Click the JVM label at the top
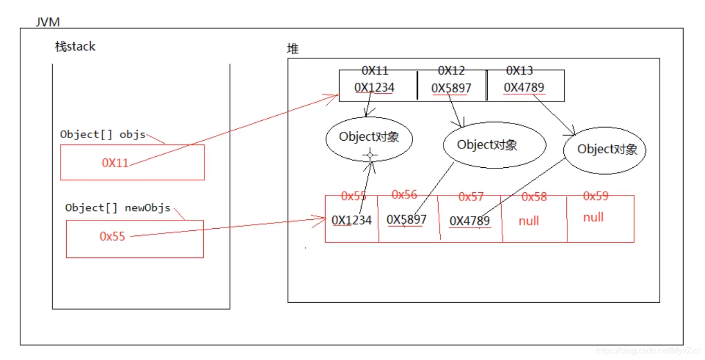[48, 22]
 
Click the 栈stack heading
[76, 47]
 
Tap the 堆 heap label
[293, 49]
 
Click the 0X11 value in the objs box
[115, 163]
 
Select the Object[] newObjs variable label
[118, 208]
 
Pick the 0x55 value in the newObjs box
[113, 237]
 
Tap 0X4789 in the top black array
[524, 88]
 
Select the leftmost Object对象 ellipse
[369, 138]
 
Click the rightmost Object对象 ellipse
[604, 150]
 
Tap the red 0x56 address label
[404, 195]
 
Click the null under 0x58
[528, 221]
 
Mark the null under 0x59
[593, 217]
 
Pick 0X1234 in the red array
[352, 220]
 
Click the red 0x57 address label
[471, 197]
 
